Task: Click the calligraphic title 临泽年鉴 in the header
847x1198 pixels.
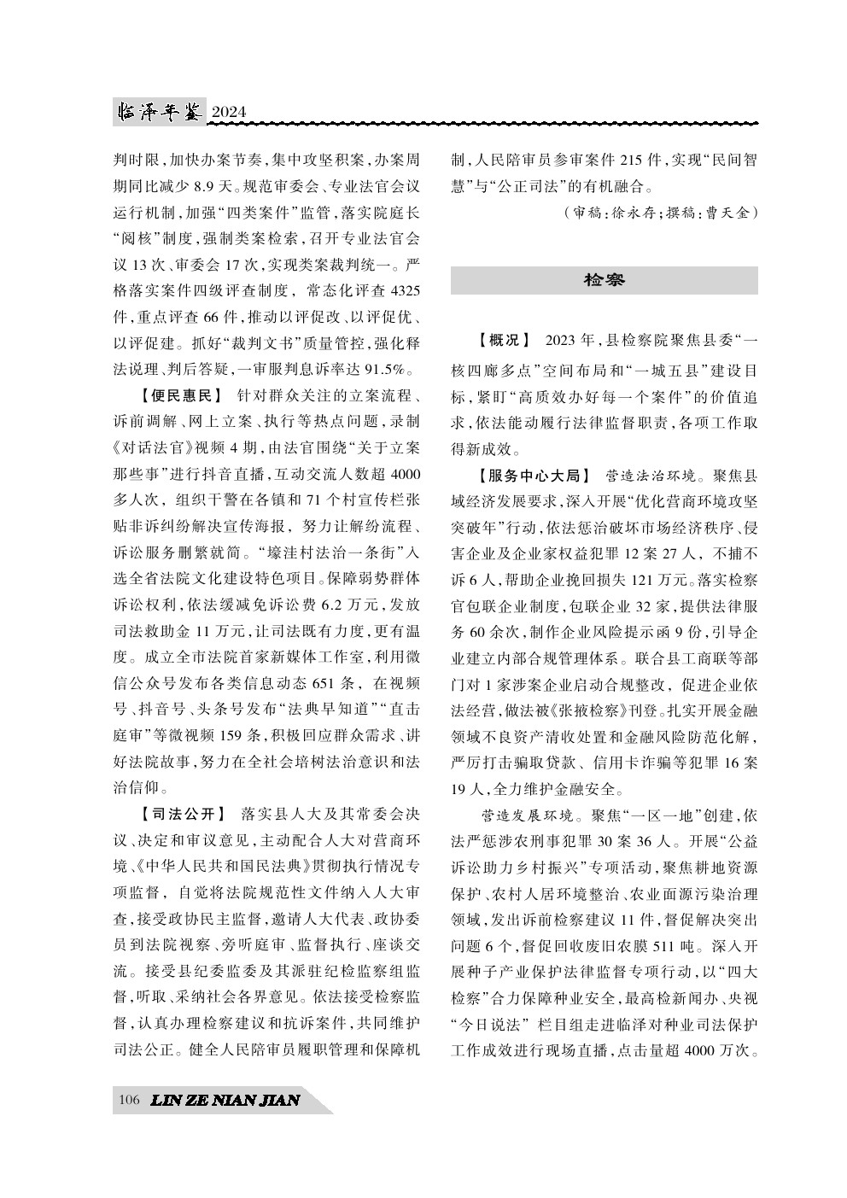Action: point(159,112)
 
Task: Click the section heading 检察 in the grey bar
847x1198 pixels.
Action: point(604,280)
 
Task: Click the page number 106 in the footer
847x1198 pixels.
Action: point(130,1100)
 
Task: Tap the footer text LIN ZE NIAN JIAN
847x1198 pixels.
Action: point(224,1100)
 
